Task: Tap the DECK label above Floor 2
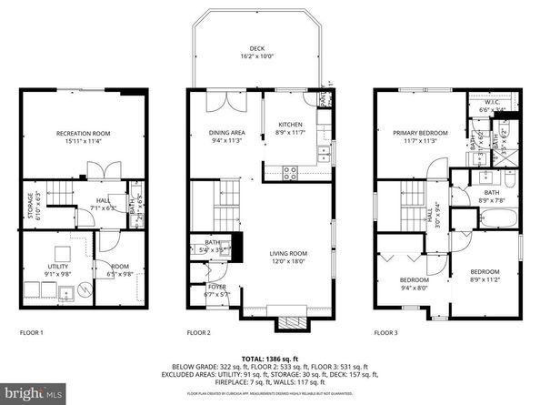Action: [258, 49]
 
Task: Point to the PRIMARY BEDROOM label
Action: [415, 133]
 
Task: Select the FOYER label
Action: [204, 287]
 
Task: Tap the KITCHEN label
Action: [289, 124]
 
